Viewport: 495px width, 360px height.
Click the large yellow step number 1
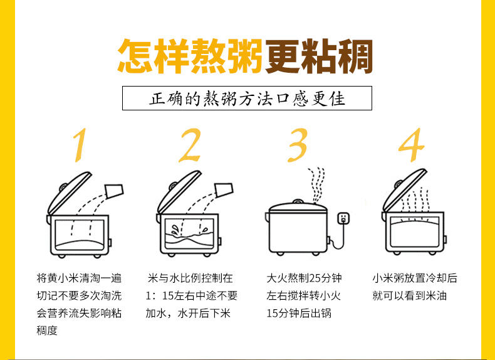coord(80,145)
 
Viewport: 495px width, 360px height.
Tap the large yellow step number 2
coord(190,145)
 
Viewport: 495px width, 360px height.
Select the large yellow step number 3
coord(297,145)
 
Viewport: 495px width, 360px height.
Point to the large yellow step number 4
coord(411,145)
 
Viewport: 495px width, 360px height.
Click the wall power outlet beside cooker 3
coord(343,218)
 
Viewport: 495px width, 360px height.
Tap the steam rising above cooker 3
coord(316,185)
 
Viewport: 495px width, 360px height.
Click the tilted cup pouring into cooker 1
coord(114,191)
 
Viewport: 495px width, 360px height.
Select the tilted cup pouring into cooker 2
coord(224,189)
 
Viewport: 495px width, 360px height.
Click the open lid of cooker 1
coord(69,193)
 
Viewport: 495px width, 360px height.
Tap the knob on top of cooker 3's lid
coord(298,201)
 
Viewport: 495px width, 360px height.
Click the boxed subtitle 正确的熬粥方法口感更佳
coord(247,98)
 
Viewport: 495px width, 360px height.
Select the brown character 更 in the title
coord(282,56)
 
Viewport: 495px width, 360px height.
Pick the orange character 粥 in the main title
coord(244,56)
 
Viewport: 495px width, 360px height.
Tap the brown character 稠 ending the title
coord(355,56)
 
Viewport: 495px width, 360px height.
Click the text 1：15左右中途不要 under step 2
coord(191,296)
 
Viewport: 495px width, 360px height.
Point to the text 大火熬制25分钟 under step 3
coord(304,278)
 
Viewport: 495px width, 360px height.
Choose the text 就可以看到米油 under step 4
coord(410,296)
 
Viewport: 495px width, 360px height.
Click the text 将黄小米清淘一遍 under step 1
coord(79,278)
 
